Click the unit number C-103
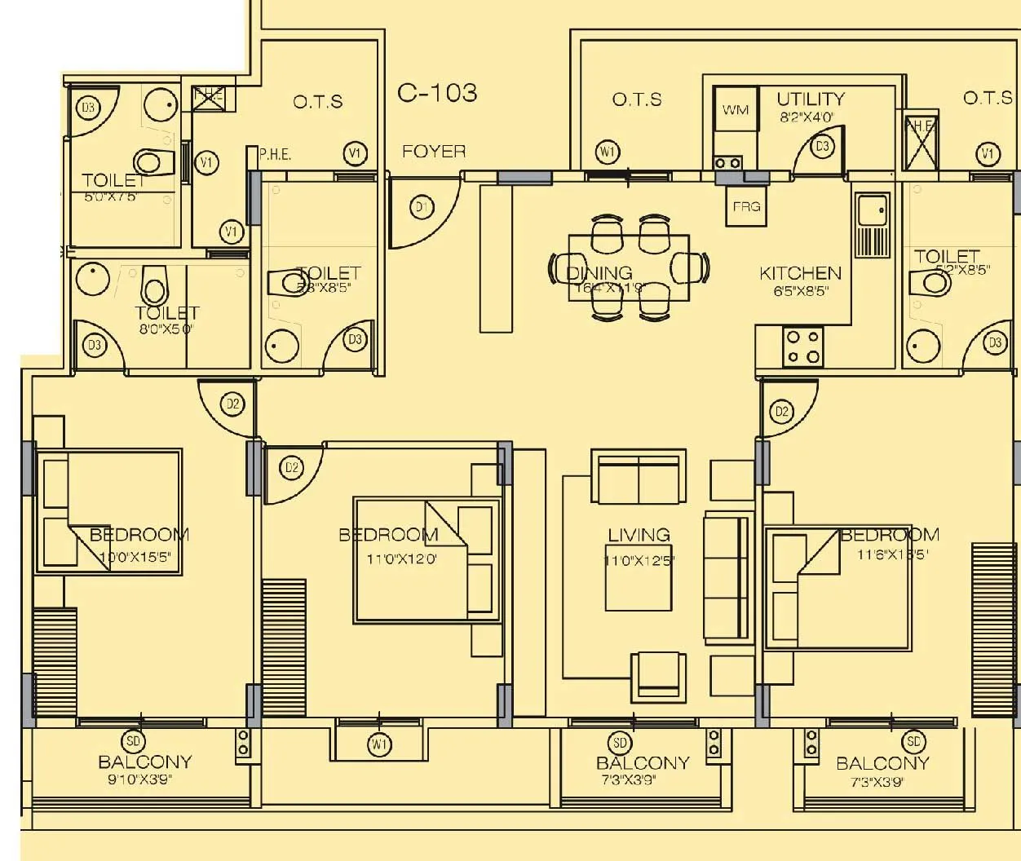click(x=437, y=93)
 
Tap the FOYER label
click(x=434, y=152)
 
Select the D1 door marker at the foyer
click(x=422, y=208)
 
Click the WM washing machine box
click(x=736, y=110)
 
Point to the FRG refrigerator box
click(x=746, y=207)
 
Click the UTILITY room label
click(x=810, y=99)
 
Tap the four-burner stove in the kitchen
click(x=802, y=347)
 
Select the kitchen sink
click(x=872, y=213)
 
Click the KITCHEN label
click(x=800, y=273)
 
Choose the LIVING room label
click(x=639, y=535)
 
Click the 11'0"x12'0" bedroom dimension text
click(x=402, y=559)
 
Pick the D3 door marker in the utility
click(x=823, y=146)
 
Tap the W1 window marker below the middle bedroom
click(x=379, y=744)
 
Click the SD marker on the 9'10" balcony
click(x=133, y=741)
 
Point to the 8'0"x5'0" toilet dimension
click(x=167, y=329)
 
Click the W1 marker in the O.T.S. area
click(x=608, y=152)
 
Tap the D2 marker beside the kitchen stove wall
click(x=782, y=412)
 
